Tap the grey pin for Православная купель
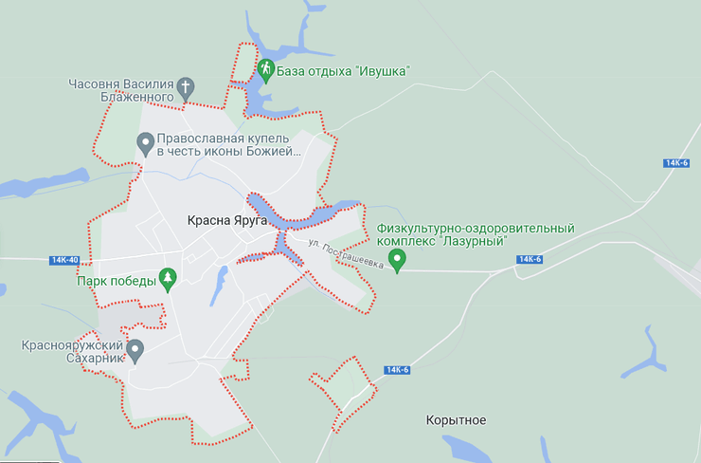click(145, 144)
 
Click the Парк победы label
click(117, 280)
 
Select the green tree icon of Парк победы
click(168, 279)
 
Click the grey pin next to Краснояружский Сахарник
click(135, 351)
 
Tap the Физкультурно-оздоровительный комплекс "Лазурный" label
click(476, 235)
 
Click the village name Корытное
click(456, 419)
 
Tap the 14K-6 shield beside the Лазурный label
click(530, 260)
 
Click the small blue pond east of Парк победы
click(219, 281)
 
